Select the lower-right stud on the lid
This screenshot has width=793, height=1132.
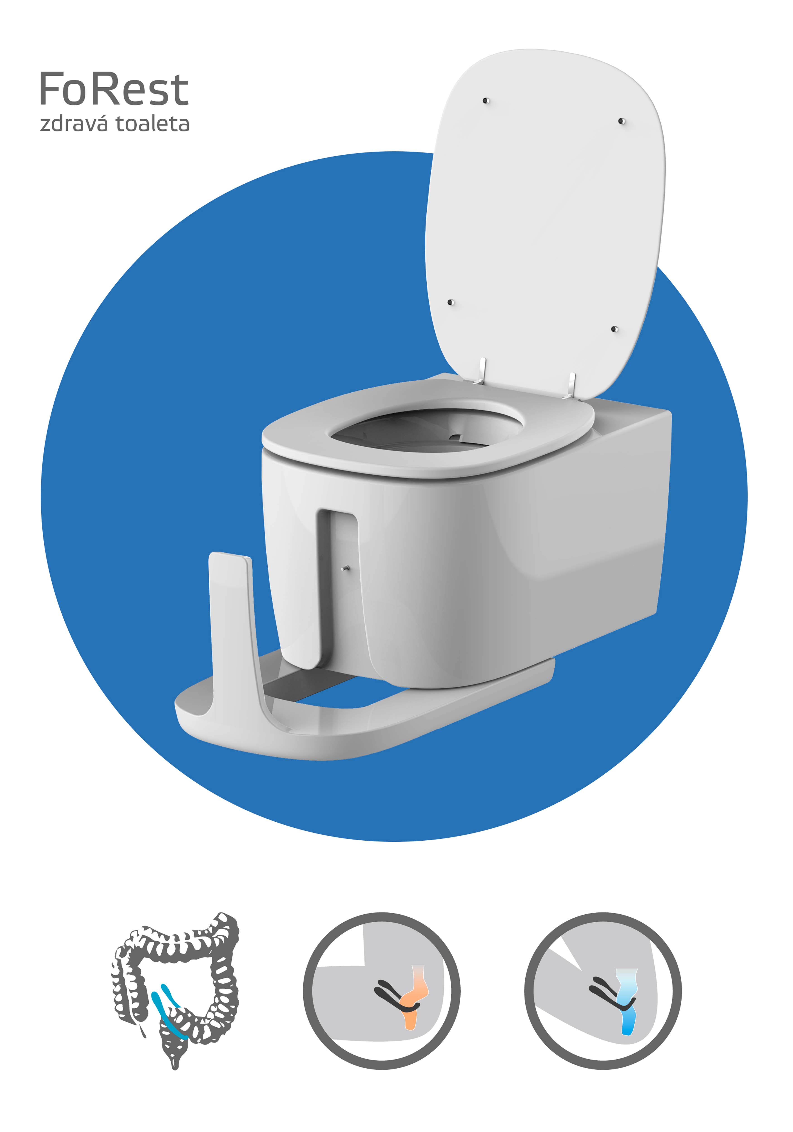point(614,329)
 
